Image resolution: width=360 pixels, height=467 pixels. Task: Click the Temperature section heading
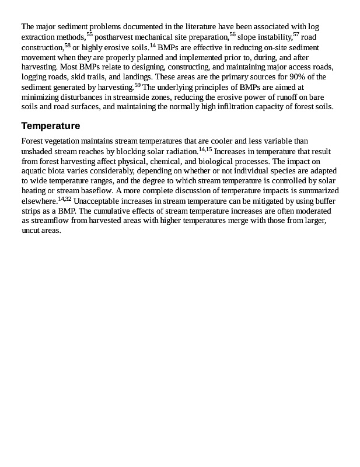point(50,126)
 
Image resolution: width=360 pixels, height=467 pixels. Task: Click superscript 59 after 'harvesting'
point(137,85)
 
